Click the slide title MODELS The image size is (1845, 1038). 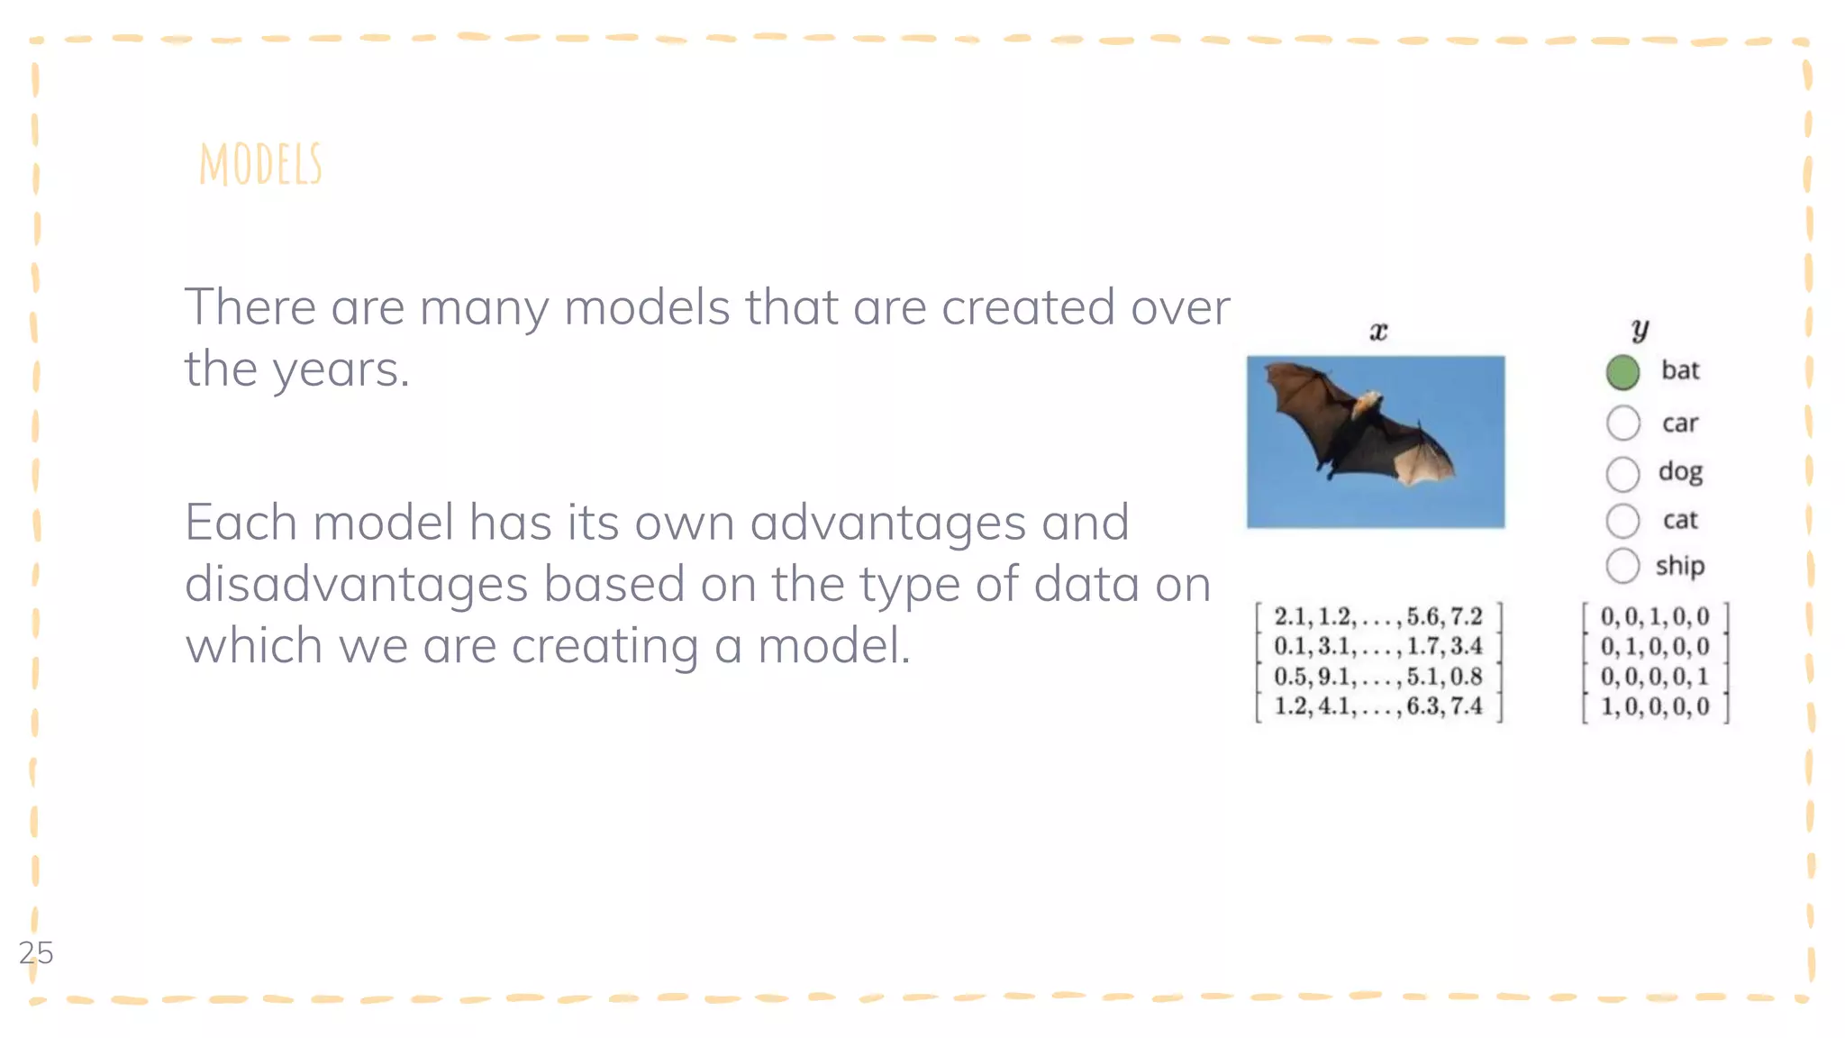(260, 165)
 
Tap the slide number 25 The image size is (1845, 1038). (36, 952)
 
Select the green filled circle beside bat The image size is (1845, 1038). (1622, 372)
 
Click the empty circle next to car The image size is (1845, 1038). (1622, 423)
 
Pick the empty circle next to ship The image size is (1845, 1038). (1622, 566)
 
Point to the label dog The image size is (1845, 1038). (1680, 472)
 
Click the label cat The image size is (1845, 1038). (1680, 521)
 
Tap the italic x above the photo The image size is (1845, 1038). (1378, 332)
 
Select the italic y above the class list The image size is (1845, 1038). (1640, 329)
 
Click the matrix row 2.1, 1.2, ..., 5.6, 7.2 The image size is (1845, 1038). (1377, 617)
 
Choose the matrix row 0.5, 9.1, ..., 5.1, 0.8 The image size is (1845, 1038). (1377, 677)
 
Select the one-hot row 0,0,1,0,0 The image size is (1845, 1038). (1654, 617)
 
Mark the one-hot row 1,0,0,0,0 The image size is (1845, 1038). (1654, 706)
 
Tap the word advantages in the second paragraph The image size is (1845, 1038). (887, 524)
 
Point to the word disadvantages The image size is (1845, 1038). (356, 585)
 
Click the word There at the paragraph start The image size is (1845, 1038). (250, 307)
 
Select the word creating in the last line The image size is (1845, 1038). (604, 647)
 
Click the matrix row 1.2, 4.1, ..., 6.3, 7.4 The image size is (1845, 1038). (1377, 706)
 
